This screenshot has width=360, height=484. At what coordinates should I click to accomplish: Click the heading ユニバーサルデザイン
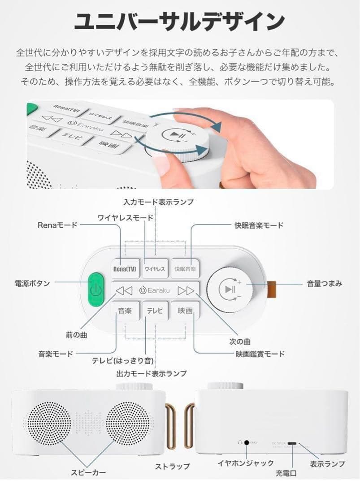(x=179, y=21)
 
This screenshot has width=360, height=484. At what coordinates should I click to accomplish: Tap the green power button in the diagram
(x=94, y=290)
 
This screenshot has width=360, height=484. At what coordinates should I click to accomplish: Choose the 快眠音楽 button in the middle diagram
(x=185, y=269)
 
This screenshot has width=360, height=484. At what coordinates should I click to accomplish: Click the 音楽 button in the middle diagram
(x=125, y=310)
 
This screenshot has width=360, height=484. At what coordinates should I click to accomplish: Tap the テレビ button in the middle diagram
(x=155, y=310)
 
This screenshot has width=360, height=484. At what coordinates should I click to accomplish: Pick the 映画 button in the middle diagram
(x=185, y=310)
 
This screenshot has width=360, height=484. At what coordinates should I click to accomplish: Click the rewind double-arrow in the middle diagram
(x=124, y=290)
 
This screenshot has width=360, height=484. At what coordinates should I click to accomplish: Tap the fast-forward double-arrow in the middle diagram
(x=186, y=290)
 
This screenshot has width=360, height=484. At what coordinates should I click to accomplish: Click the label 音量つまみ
(x=325, y=283)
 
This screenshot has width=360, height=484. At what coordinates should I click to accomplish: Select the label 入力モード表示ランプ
(x=159, y=202)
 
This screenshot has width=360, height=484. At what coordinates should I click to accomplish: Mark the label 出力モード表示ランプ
(x=152, y=373)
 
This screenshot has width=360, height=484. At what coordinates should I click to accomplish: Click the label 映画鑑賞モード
(x=260, y=354)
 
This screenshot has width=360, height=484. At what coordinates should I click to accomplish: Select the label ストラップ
(x=172, y=467)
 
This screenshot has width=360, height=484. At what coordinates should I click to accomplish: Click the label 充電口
(x=286, y=473)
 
